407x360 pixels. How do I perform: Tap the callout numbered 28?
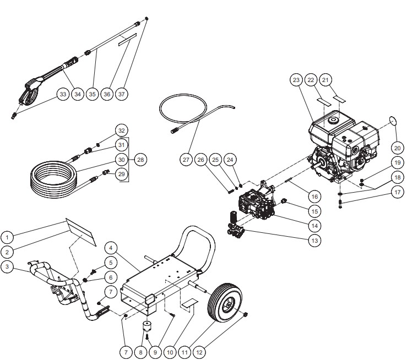(x=141, y=159)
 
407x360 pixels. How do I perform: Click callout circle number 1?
(x=7, y=238)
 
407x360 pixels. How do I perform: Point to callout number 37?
(x=122, y=94)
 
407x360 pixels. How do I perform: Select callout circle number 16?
(x=314, y=196)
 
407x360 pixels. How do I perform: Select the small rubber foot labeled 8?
(x=147, y=326)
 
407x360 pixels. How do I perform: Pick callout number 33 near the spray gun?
(x=63, y=94)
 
